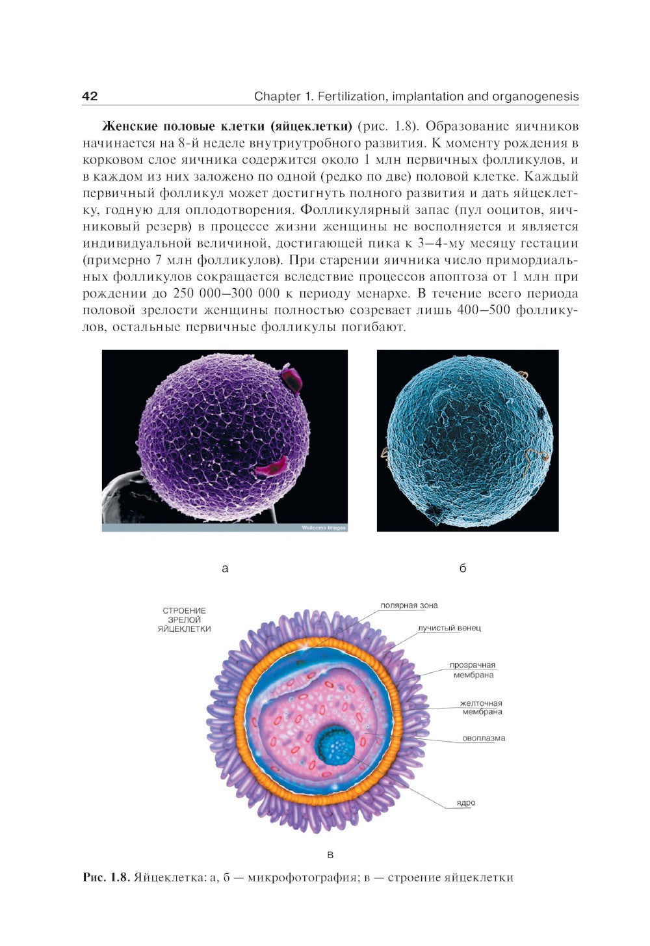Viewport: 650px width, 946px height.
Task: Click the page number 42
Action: [90, 96]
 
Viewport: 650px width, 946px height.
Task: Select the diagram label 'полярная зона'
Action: [409, 605]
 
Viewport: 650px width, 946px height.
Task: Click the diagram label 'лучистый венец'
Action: [449, 628]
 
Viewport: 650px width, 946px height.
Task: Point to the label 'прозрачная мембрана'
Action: [473, 670]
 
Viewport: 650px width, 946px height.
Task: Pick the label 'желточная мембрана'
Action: [482, 707]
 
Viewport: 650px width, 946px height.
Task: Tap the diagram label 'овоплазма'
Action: [484, 738]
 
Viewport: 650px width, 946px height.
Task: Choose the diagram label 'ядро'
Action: [465, 803]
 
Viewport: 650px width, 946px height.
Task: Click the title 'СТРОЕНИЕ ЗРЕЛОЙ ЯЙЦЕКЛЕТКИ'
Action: [184, 620]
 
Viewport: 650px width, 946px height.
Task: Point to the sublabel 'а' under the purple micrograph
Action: [225, 569]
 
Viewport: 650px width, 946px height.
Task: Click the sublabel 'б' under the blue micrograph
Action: [463, 569]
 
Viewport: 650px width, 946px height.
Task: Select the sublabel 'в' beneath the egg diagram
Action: [330, 855]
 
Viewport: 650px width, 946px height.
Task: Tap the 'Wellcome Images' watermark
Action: [323, 528]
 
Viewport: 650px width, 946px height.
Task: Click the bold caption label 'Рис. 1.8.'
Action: [107, 878]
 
